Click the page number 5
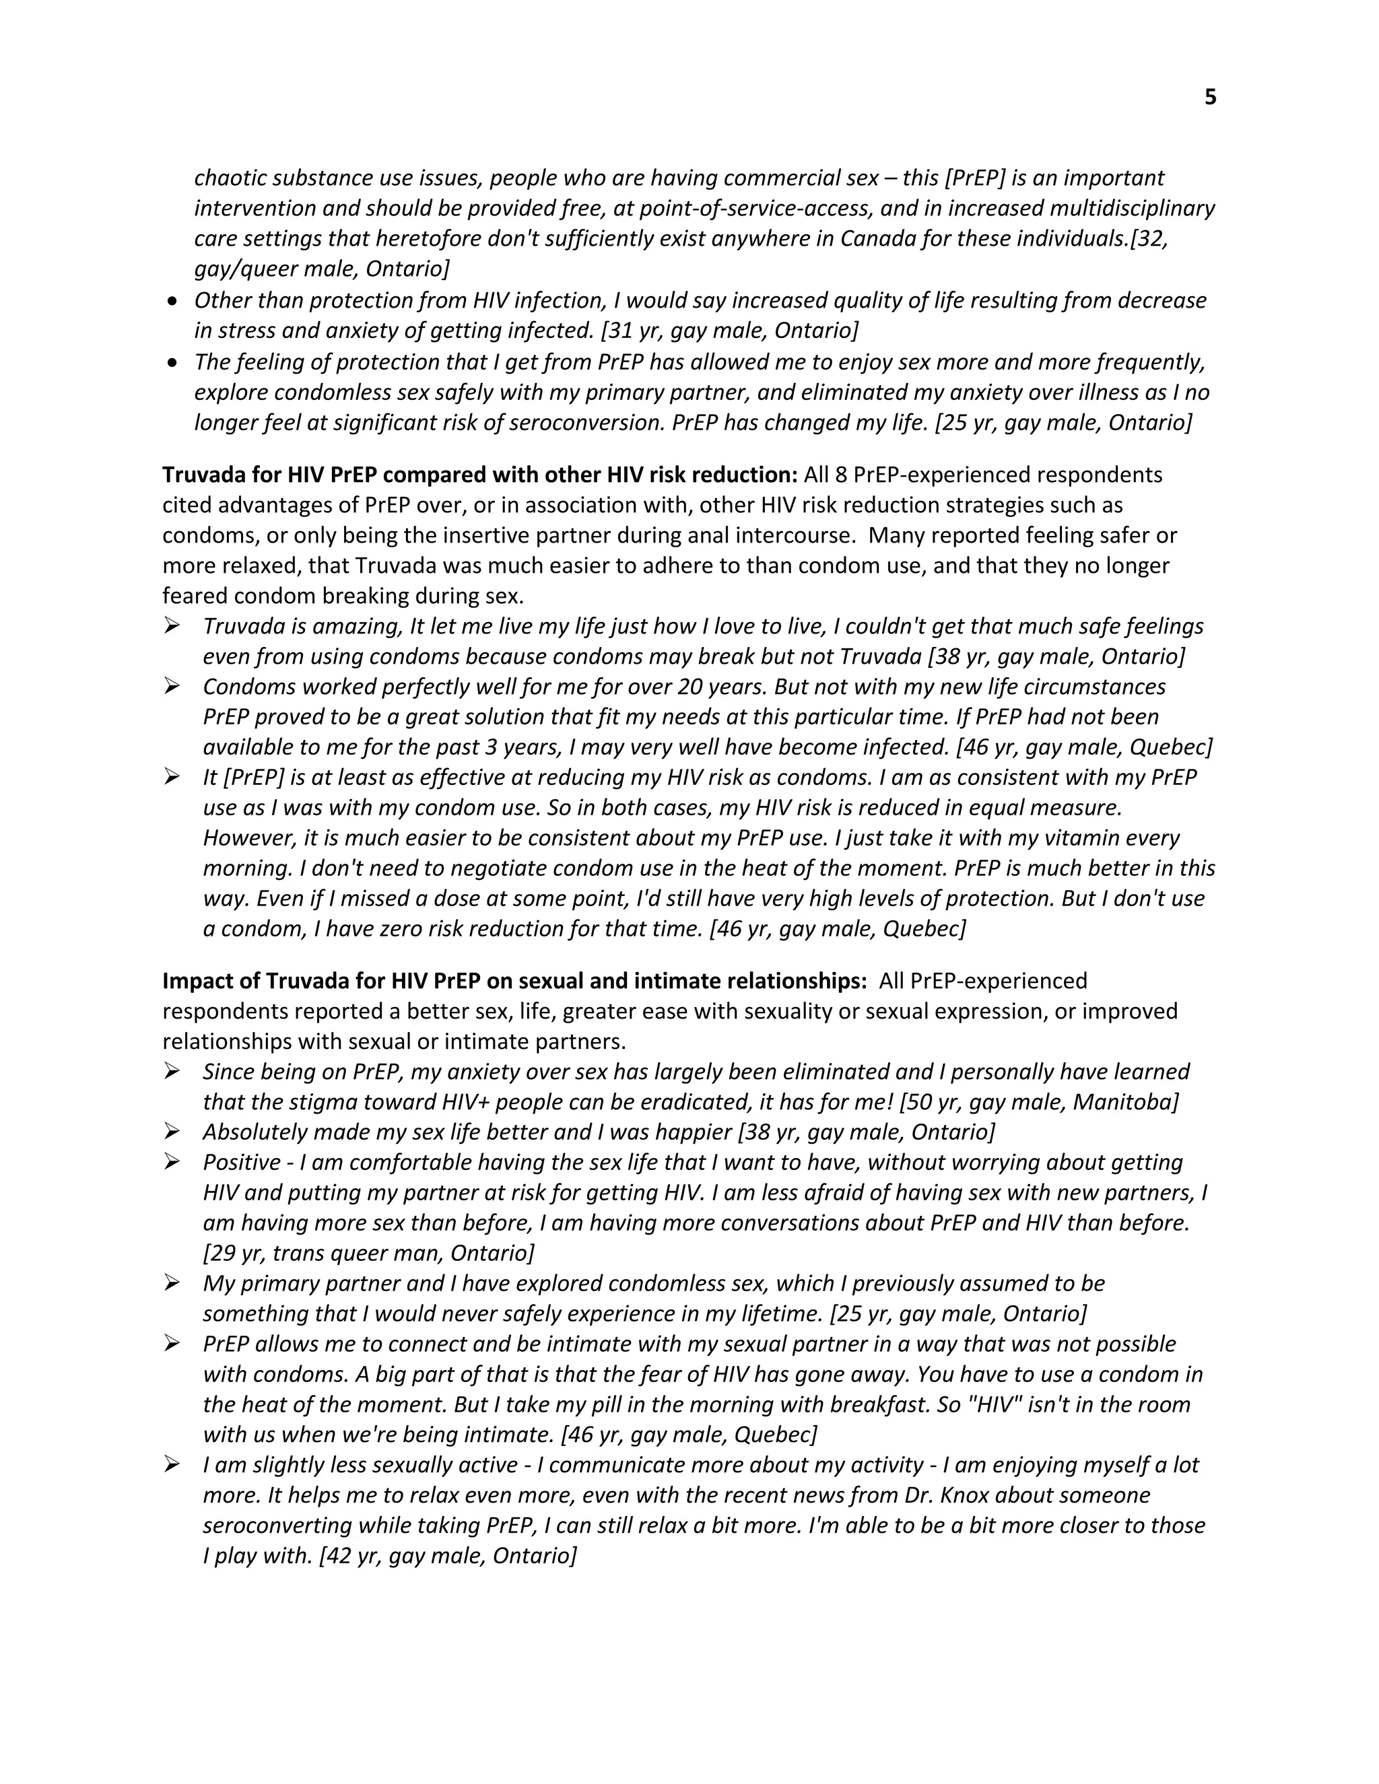[x=1210, y=97]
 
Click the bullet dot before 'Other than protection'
[x=172, y=302]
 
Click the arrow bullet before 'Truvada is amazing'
[x=172, y=625]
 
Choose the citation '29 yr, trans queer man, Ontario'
[x=368, y=1252]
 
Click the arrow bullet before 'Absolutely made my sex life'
[x=172, y=1132]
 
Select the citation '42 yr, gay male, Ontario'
[x=448, y=1555]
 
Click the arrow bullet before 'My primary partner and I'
[x=172, y=1283]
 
